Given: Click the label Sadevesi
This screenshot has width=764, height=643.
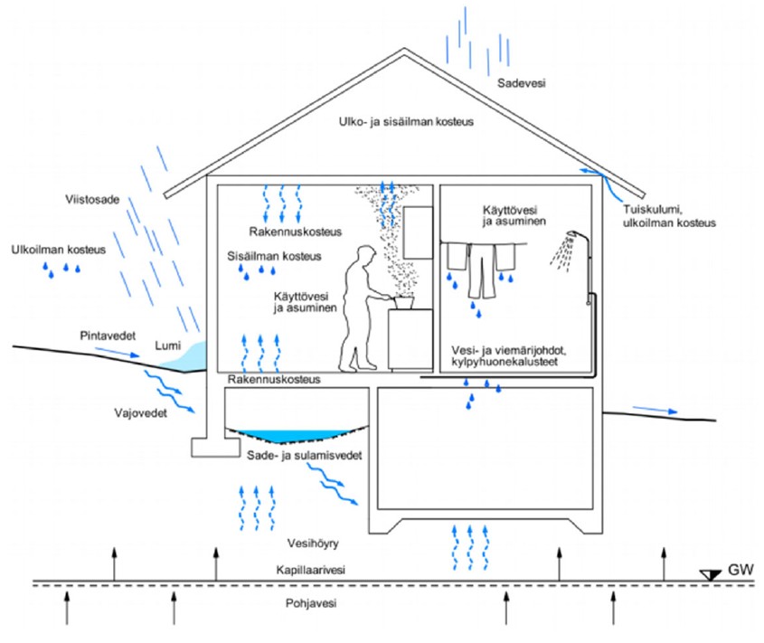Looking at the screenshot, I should click(x=522, y=83).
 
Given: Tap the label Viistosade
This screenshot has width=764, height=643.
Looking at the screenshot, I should click(x=91, y=199).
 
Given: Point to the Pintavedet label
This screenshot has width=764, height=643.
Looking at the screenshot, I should click(x=107, y=336).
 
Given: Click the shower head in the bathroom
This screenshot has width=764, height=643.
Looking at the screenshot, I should click(x=569, y=240).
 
